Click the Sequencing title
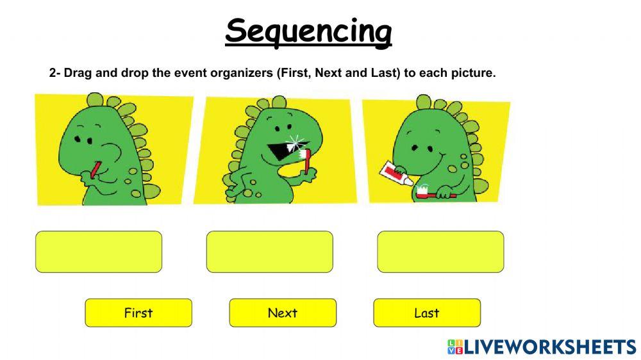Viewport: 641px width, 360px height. coord(308,31)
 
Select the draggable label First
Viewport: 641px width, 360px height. coord(138,313)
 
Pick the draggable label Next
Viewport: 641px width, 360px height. coord(283,313)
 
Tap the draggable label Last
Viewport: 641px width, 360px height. coord(427,313)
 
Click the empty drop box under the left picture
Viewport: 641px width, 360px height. coord(99,252)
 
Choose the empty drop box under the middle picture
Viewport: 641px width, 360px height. coord(270,252)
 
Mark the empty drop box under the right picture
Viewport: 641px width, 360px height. coord(440,252)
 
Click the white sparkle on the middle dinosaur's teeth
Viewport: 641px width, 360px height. coord(295,141)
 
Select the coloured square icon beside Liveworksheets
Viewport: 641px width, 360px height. coord(454,347)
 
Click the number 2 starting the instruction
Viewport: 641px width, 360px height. coord(53,73)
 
